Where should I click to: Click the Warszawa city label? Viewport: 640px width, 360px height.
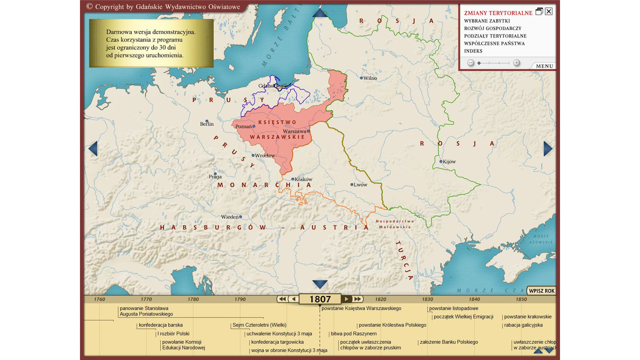click(x=294, y=131)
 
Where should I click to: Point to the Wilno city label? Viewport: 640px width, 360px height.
click(x=370, y=78)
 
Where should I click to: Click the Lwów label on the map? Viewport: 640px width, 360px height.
click(x=360, y=184)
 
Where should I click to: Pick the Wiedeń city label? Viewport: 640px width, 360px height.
click(x=229, y=217)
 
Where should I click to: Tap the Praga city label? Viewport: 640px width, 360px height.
click(x=215, y=176)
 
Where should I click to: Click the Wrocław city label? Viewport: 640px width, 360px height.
click(x=265, y=155)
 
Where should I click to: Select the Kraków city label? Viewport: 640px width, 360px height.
click(x=303, y=179)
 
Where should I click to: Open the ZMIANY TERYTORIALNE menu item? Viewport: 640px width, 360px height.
click(x=498, y=13)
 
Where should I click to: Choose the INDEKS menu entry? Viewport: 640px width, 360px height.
click(x=473, y=51)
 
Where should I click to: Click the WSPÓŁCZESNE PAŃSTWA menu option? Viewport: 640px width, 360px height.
click(x=494, y=43)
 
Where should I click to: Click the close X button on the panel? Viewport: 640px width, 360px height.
click(x=548, y=11)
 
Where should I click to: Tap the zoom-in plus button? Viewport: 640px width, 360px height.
click(x=516, y=63)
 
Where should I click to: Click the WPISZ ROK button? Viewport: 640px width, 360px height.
click(x=542, y=291)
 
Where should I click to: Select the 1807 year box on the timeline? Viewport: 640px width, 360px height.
click(x=320, y=299)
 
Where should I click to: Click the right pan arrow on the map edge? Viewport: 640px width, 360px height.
click(x=548, y=148)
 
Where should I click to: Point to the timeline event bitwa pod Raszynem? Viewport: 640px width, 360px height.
click(x=353, y=333)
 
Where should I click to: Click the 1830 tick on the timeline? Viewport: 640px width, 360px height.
click(x=427, y=299)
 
